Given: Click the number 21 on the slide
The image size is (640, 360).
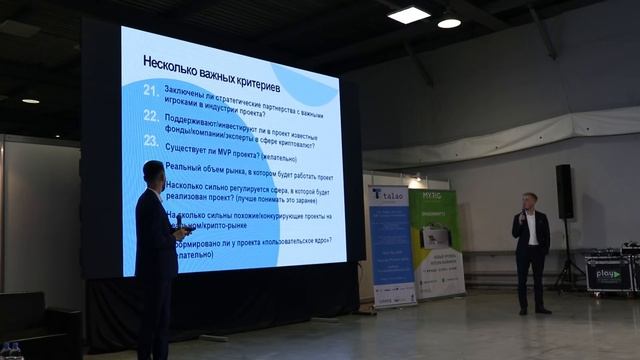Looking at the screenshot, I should coord(151,90).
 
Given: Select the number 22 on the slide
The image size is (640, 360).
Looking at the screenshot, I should coord(151,116).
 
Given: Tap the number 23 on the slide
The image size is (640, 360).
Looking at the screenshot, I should coord(151,142).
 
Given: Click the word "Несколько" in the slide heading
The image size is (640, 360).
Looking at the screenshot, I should coord(169,61).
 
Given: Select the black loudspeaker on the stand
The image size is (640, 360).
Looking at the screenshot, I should coord(564,191).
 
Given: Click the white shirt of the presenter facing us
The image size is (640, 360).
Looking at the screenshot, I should coord(532,231).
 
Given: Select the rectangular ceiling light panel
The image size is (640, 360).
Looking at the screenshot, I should coord(408,15).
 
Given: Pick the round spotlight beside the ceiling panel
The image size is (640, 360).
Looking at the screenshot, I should coord(449,22).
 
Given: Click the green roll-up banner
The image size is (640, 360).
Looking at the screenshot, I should coord(437,244).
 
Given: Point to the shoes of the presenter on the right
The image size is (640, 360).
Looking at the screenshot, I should coord(533,311).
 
